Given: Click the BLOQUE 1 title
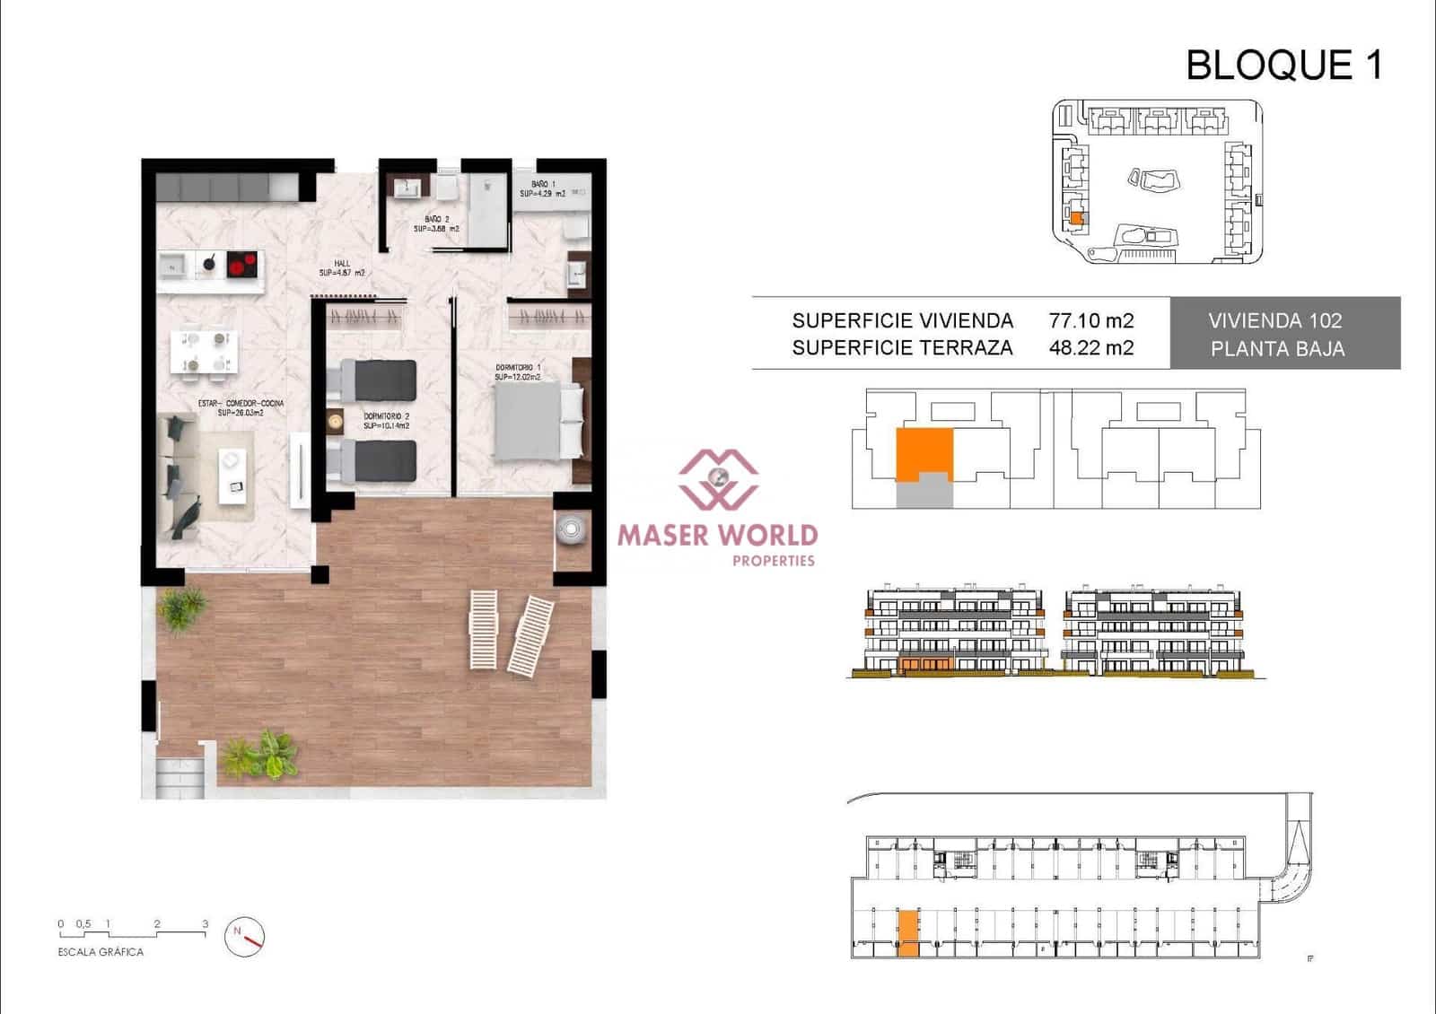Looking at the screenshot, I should coord(1283,66).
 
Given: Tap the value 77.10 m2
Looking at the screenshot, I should coord(1090,320).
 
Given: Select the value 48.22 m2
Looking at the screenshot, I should coord(1090,348).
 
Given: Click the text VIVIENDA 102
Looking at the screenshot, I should coord(1274,320).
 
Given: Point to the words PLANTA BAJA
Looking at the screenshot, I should coord(1277,349).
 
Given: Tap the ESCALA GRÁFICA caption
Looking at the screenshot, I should coord(101,952).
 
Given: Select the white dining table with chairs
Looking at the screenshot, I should coord(205,351).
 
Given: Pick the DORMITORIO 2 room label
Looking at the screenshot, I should coord(387,421).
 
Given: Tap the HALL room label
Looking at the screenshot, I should coord(342,268).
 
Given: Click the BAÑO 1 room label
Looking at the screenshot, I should coord(543,188).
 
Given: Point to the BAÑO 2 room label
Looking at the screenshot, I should coord(436,223).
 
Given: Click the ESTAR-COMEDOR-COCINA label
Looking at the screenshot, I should coord(241,407).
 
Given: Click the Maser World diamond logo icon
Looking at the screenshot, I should coord(717,478).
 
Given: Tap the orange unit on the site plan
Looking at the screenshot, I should coord(1077,218).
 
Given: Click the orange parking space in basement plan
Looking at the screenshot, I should coord(908,933).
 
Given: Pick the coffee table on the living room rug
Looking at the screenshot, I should coord(232,472).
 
